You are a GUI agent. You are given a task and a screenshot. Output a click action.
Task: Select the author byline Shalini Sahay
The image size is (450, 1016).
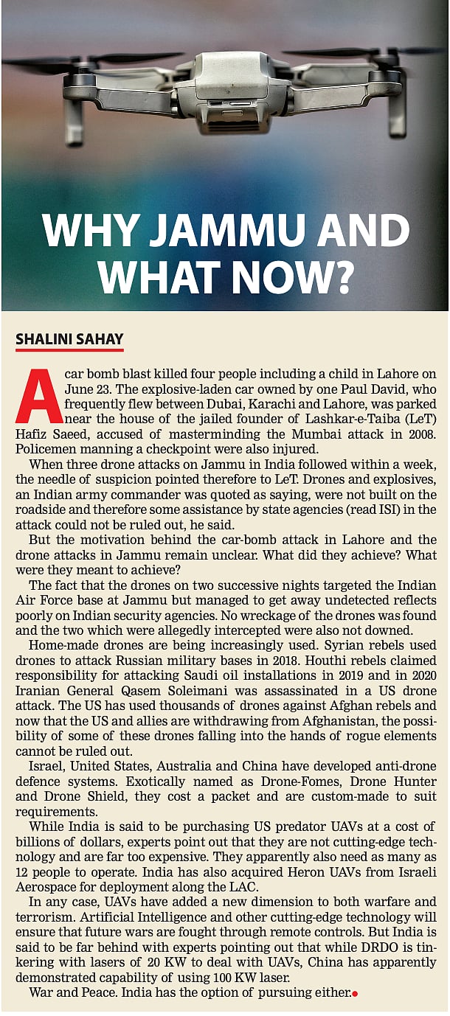click(x=69, y=339)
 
